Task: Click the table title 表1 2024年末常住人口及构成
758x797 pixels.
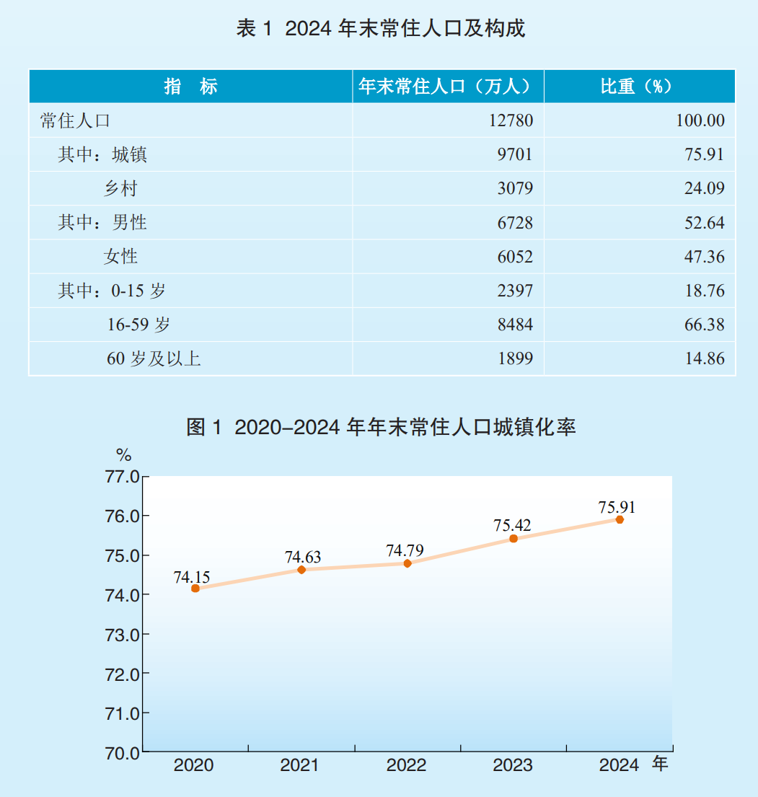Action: (x=380, y=29)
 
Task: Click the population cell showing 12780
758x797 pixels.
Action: (x=511, y=120)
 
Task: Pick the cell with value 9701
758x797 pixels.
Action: (x=515, y=154)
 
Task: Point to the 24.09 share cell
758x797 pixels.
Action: (x=705, y=189)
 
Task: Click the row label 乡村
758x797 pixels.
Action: (x=120, y=189)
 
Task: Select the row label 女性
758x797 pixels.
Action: (x=120, y=257)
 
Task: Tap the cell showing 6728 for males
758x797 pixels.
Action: (x=515, y=223)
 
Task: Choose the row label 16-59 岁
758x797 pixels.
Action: (x=138, y=325)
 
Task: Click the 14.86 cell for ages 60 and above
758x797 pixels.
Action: (x=705, y=358)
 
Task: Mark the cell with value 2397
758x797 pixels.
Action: (x=515, y=291)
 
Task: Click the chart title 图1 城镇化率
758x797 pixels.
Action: (x=381, y=427)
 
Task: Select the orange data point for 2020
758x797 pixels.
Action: (x=195, y=589)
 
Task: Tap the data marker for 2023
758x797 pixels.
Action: (x=514, y=539)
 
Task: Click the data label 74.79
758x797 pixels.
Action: (x=405, y=551)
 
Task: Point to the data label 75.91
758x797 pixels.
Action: (x=617, y=506)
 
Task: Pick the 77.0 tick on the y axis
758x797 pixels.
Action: (x=123, y=477)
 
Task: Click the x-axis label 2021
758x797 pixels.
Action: (x=299, y=765)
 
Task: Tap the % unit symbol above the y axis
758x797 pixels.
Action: (x=124, y=455)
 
